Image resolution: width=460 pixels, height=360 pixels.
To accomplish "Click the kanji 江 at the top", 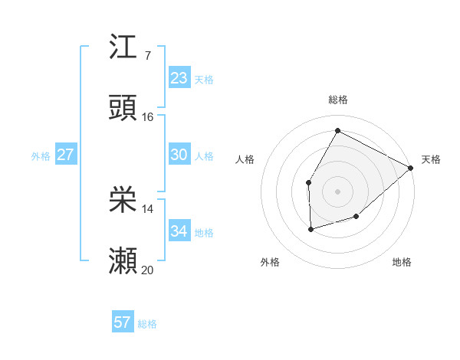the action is (x=123, y=47).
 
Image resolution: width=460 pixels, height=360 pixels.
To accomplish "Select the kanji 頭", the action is (x=123, y=108).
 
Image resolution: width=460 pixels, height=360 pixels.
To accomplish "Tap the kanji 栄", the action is (x=123, y=201).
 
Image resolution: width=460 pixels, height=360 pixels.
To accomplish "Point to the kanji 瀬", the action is (x=123, y=262).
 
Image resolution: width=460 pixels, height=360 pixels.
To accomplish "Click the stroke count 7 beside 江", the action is (x=147, y=55).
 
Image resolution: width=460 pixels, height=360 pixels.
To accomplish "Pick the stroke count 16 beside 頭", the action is (x=148, y=117).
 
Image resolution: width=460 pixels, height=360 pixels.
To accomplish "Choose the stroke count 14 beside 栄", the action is (x=148, y=209).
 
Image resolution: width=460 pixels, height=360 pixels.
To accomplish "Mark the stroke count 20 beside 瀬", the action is (x=148, y=270).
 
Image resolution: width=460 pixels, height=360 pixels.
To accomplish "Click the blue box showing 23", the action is (x=179, y=78).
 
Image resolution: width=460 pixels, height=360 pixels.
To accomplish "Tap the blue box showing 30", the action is (x=179, y=155).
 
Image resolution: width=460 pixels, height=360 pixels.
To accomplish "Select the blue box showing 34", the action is (x=179, y=231).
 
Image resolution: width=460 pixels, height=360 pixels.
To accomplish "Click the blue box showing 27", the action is (x=66, y=155).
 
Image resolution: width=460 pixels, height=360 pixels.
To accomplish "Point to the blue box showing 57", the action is (x=123, y=322).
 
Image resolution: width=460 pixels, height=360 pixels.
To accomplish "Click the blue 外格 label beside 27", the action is (x=41, y=156).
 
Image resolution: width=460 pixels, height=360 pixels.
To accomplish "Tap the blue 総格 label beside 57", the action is (x=147, y=324).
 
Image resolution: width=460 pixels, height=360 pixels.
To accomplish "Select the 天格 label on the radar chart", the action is (x=431, y=159).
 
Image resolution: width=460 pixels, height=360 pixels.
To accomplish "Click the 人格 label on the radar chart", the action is (x=245, y=159).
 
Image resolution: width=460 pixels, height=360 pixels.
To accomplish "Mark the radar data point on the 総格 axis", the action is (x=337, y=130).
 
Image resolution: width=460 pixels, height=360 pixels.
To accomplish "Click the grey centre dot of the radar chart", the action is (x=337, y=191).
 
